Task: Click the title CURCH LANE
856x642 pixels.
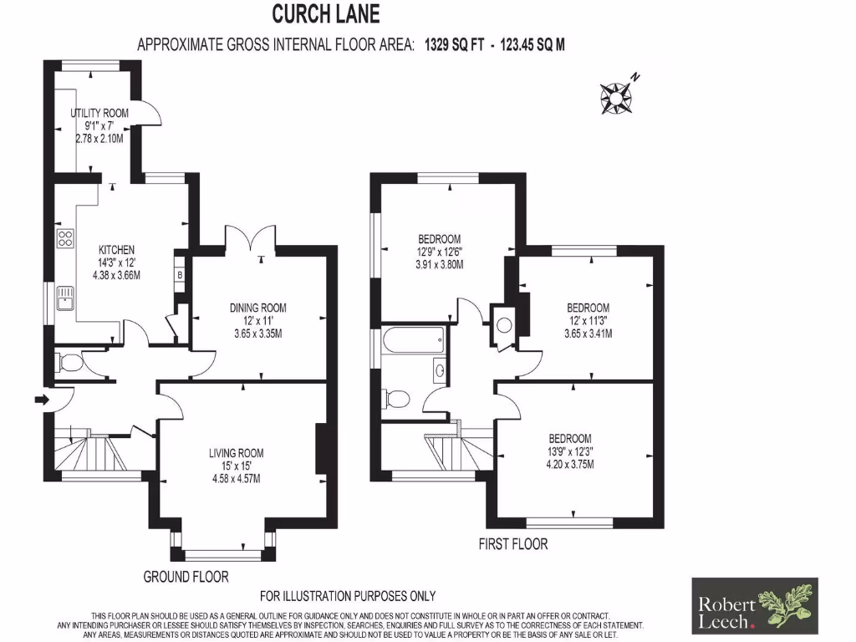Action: coord(326,14)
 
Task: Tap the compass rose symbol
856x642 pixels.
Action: coord(617,96)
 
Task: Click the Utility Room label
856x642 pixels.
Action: coord(99,113)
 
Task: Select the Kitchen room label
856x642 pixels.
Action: coord(116,250)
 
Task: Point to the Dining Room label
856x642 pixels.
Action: coord(258,308)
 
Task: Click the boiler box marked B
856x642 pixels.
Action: coord(179,273)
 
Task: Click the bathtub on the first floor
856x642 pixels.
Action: coord(414,341)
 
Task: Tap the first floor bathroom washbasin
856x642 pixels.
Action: coord(439,369)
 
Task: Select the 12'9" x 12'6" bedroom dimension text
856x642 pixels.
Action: coord(440,252)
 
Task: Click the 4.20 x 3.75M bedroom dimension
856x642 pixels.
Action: coord(570,465)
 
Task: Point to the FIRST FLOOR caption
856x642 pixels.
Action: coord(513,544)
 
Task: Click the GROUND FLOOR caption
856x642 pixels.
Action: coord(186,576)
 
